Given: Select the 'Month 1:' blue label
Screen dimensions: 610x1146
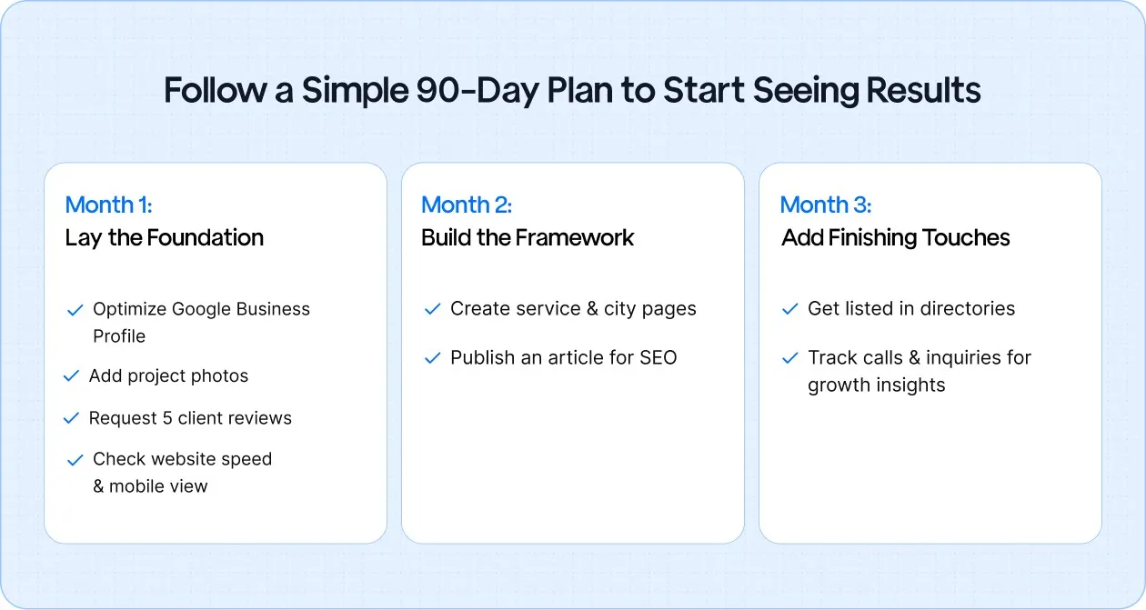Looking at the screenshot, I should click(x=108, y=205).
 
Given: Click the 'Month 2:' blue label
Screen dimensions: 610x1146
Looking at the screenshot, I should click(x=467, y=205).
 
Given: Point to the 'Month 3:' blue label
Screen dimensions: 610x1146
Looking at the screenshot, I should click(x=825, y=205).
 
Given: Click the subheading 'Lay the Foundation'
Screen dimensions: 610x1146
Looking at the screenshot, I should click(x=164, y=238).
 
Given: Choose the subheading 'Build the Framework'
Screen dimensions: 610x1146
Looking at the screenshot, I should click(x=528, y=238).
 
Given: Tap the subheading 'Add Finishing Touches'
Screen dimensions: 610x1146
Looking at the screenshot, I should click(x=895, y=238).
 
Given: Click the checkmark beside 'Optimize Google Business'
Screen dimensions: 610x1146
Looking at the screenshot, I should click(x=75, y=310).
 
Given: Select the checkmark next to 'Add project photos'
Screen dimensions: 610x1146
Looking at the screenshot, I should click(x=71, y=376).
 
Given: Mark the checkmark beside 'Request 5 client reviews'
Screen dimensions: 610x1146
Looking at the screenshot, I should click(x=71, y=419).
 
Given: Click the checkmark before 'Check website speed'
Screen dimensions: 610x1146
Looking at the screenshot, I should click(x=75, y=460).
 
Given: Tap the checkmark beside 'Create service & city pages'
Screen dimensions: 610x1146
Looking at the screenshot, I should click(x=432, y=310).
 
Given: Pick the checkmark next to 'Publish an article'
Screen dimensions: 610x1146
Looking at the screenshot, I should click(x=432, y=358).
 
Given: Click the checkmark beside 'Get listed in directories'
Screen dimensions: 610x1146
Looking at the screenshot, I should click(x=789, y=310).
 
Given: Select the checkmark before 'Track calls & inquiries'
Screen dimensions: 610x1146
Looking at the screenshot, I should click(x=789, y=358).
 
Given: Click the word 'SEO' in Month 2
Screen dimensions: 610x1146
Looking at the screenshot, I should click(x=658, y=358).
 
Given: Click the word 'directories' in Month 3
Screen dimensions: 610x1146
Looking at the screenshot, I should click(x=967, y=309).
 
